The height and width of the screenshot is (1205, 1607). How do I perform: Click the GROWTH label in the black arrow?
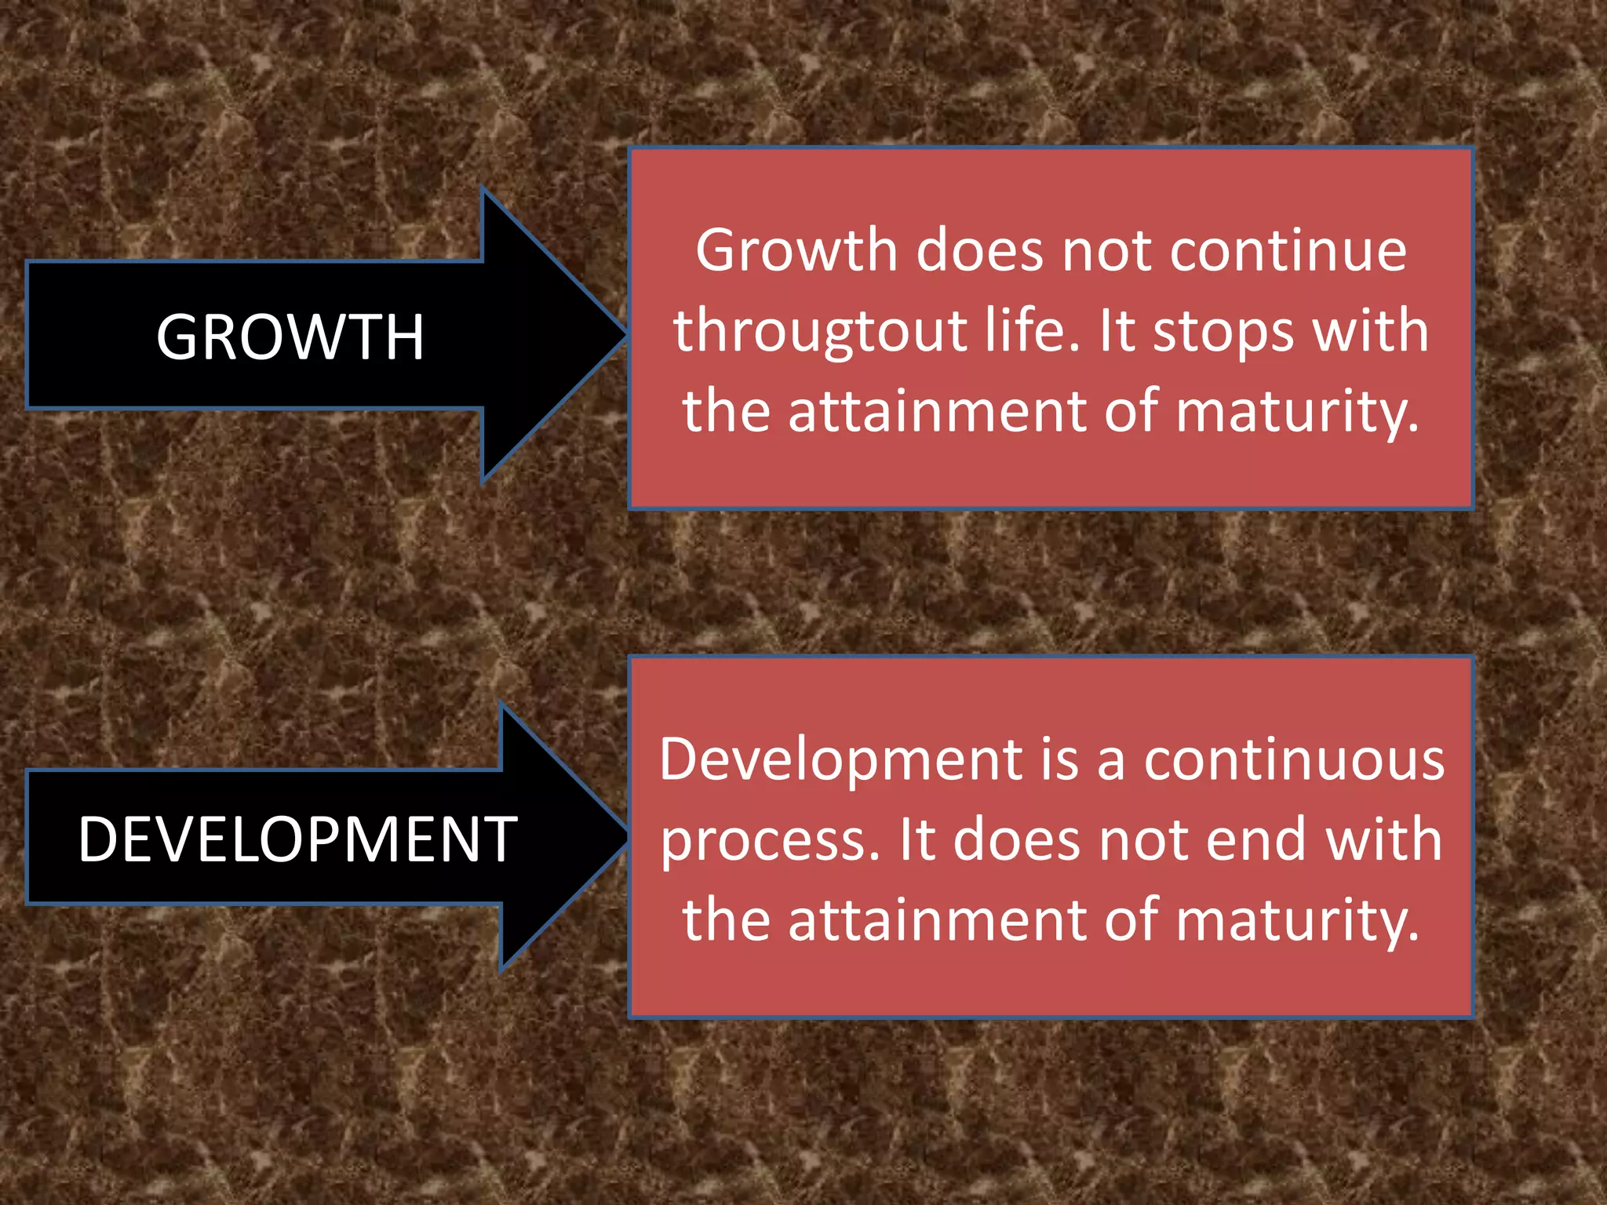(290, 337)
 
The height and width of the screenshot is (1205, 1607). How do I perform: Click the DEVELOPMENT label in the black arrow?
(297, 839)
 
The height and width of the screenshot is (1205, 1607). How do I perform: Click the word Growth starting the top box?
(796, 251)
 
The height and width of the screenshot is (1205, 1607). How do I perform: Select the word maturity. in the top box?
(1298, 411)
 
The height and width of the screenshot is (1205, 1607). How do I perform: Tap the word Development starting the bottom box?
(840, 761)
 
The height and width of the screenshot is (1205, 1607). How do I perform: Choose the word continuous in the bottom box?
(1294, 760)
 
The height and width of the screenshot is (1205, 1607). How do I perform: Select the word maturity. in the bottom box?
(1298, 920)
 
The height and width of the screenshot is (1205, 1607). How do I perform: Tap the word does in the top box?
(980, 251)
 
